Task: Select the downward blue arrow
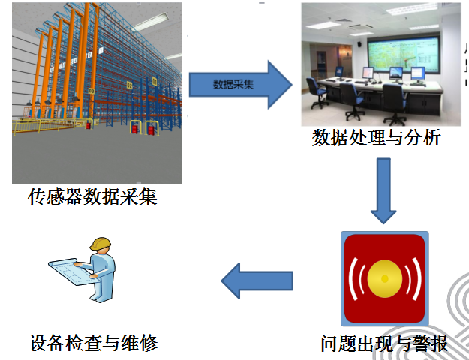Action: click(x=383, y=190)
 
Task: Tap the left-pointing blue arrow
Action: click(x=257, y=280)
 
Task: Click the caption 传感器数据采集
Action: click(x=92, y=196)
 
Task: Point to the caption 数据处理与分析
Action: click(x=377, y=137)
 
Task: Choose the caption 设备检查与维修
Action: click(x=93, y=343)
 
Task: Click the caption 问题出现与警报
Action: click(x=385, y=343)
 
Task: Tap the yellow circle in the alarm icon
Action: click(x=385, y=279)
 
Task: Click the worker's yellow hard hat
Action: click(x=101, y=244)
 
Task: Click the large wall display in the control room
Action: click(x=404, y=54)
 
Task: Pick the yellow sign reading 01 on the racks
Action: click(x=155, y=81)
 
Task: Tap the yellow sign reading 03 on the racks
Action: click(x=92, y=91)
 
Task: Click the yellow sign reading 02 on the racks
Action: click(x=129, y=85)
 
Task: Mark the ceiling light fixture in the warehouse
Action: click(x=149, y=22)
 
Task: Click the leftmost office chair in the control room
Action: click(x=317, y=92)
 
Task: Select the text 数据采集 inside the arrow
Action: click(x=233, y=85)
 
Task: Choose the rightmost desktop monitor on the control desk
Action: click(x=418, y=74)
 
